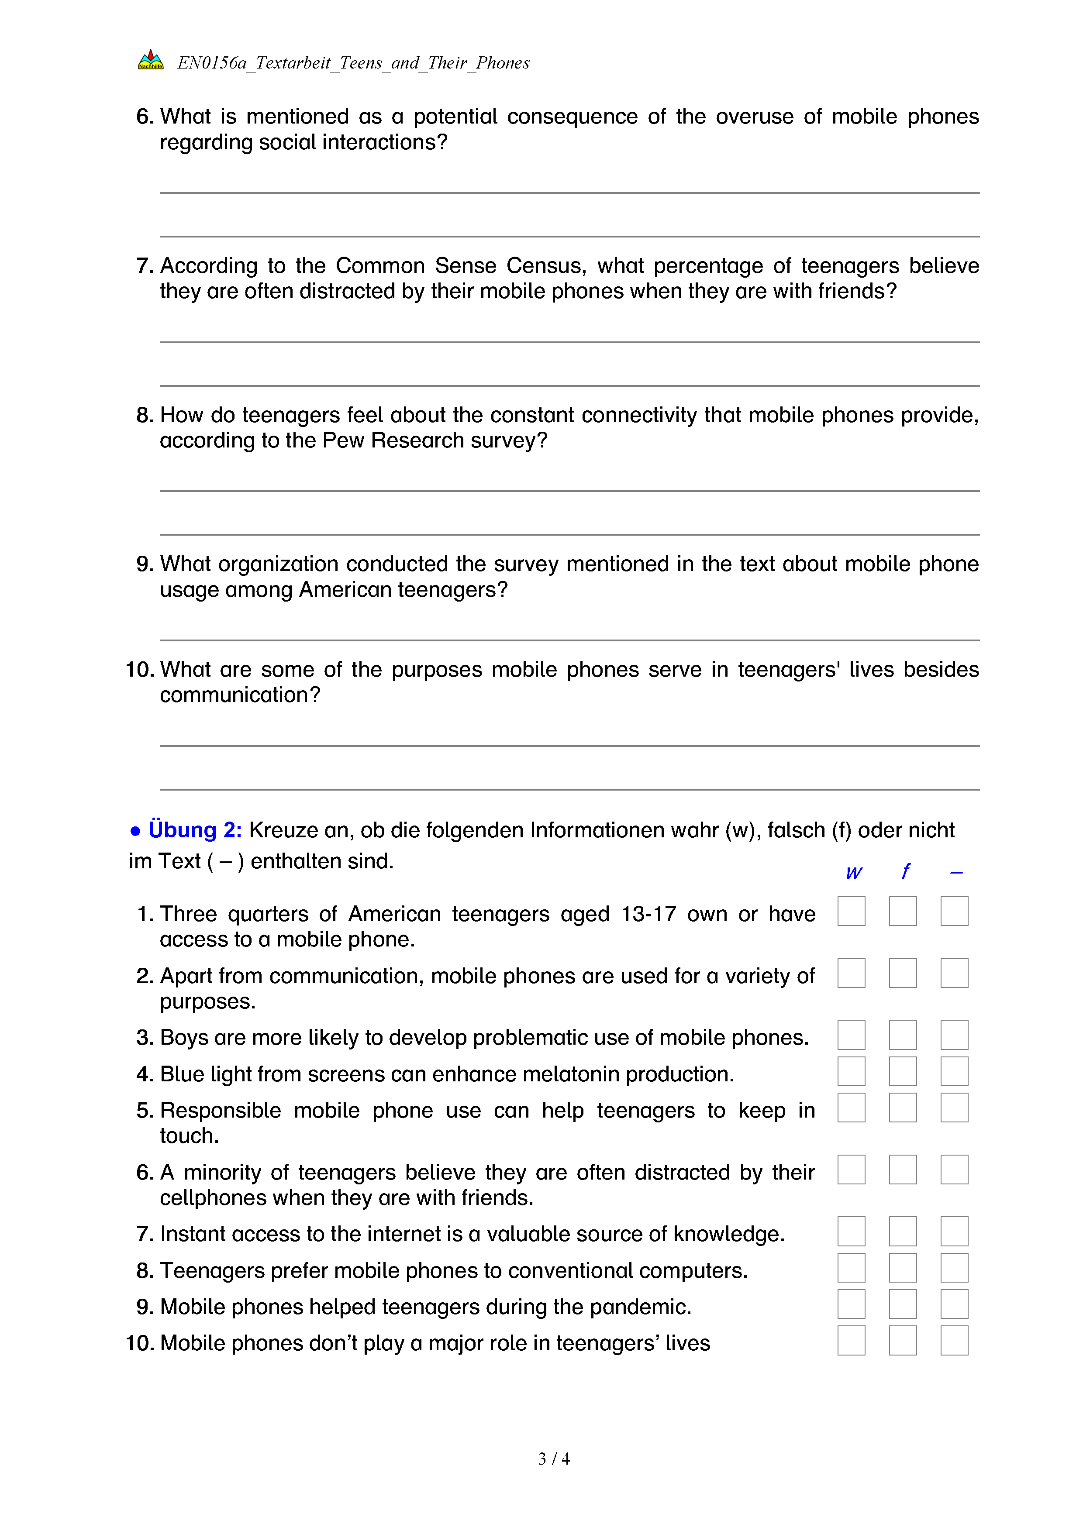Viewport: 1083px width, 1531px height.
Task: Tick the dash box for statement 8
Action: click(954, 1268)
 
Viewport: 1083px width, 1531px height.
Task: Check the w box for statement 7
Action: click(851, 1231)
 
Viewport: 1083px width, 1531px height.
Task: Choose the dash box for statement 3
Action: click(954, 1035)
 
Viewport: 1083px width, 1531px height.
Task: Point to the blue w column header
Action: click(854, 872)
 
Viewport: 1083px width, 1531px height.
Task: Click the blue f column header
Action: click(905, 871)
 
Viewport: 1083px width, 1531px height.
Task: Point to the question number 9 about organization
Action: click(145, 564)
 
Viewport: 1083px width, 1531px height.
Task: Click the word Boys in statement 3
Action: click(184, 1038)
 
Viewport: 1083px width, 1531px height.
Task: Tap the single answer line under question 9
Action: click(569, 640)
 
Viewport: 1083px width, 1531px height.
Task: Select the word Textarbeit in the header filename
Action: click(293, 63)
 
